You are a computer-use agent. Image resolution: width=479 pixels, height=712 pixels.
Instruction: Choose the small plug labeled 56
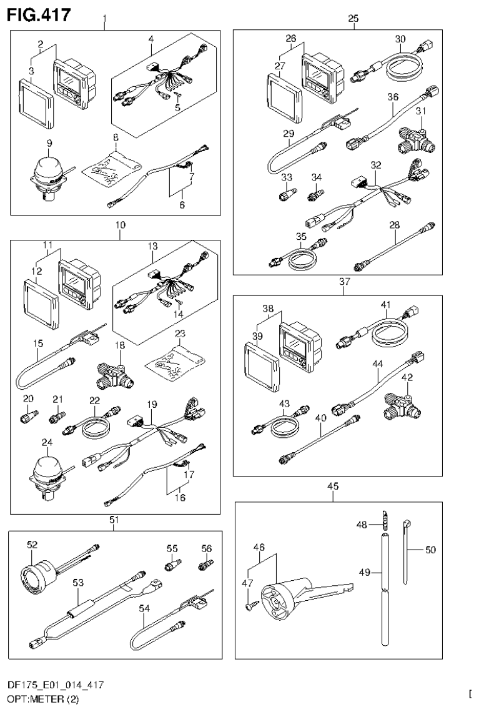(x=203, y=566)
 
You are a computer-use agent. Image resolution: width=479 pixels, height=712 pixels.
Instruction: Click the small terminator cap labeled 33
(x=285, y=195)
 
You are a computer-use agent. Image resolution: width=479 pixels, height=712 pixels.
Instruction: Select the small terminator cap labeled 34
(x=315, y=195)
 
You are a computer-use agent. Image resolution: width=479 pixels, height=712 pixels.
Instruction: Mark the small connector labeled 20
(x=29, y=414)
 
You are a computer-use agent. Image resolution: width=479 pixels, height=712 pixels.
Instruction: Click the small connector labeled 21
(x=58, y=415)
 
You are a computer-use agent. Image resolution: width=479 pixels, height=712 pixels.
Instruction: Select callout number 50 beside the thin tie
(x=430, y=550)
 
